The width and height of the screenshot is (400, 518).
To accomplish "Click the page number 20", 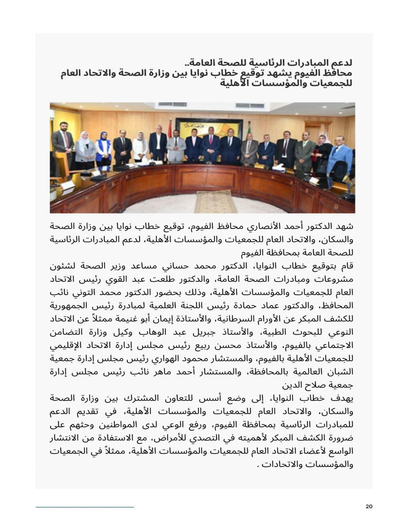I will [369, 506].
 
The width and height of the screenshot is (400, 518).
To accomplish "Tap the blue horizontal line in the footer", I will [85, 507].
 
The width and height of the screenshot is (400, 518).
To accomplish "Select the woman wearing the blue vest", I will [103, 149].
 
